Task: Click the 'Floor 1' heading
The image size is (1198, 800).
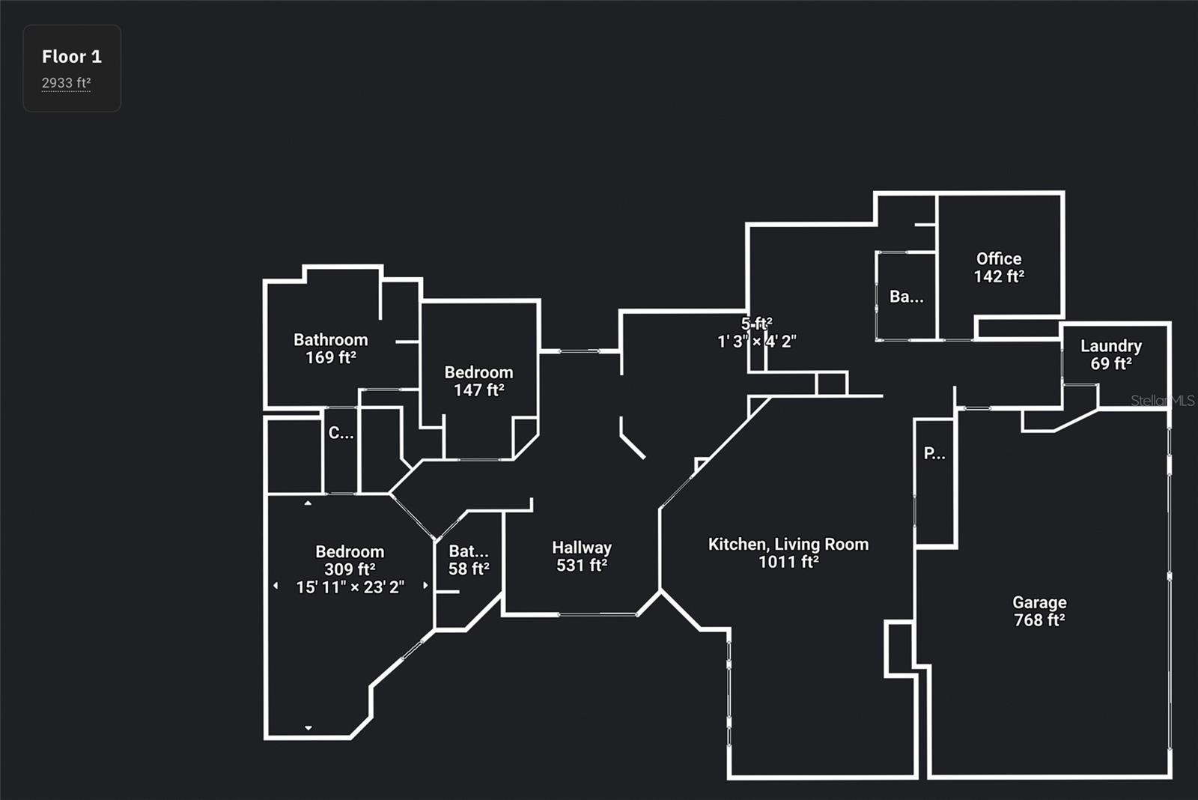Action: [x=72, y=57]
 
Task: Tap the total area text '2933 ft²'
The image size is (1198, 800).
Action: [x=66, y=83]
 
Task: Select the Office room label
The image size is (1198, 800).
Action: [x=999, y=259]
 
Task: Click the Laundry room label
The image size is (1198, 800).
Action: [x=1110, y=346]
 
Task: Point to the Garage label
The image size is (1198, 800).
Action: [x=1039, y=602]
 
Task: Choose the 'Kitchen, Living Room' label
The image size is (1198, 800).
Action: [x=788, y=545]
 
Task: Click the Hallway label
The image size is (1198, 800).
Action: [x=582, y=548]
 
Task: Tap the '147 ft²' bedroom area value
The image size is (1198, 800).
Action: [x=479, y=390]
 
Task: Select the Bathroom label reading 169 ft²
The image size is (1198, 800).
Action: [x=330, y=340]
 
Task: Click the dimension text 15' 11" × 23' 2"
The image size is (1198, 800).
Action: [x=350, y=587]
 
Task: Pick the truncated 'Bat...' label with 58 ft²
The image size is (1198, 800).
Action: [x=469, y=551]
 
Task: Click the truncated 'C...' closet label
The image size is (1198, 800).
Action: [x=341, y=433]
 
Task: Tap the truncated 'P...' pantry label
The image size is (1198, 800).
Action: [x=934, y=453]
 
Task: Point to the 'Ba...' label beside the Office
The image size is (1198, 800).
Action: [x=906, y=297]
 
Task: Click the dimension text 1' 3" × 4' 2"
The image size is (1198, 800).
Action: [x=756, y=342]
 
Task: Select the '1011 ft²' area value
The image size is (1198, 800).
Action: [x=788, y=563]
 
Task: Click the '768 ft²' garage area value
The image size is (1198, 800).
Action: [x=1039, y=620]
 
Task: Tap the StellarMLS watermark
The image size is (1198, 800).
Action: [x=1162, y=401]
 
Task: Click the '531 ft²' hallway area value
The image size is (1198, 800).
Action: [x=582, y=566]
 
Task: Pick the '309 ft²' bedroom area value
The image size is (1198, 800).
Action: [x=350, y=569]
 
